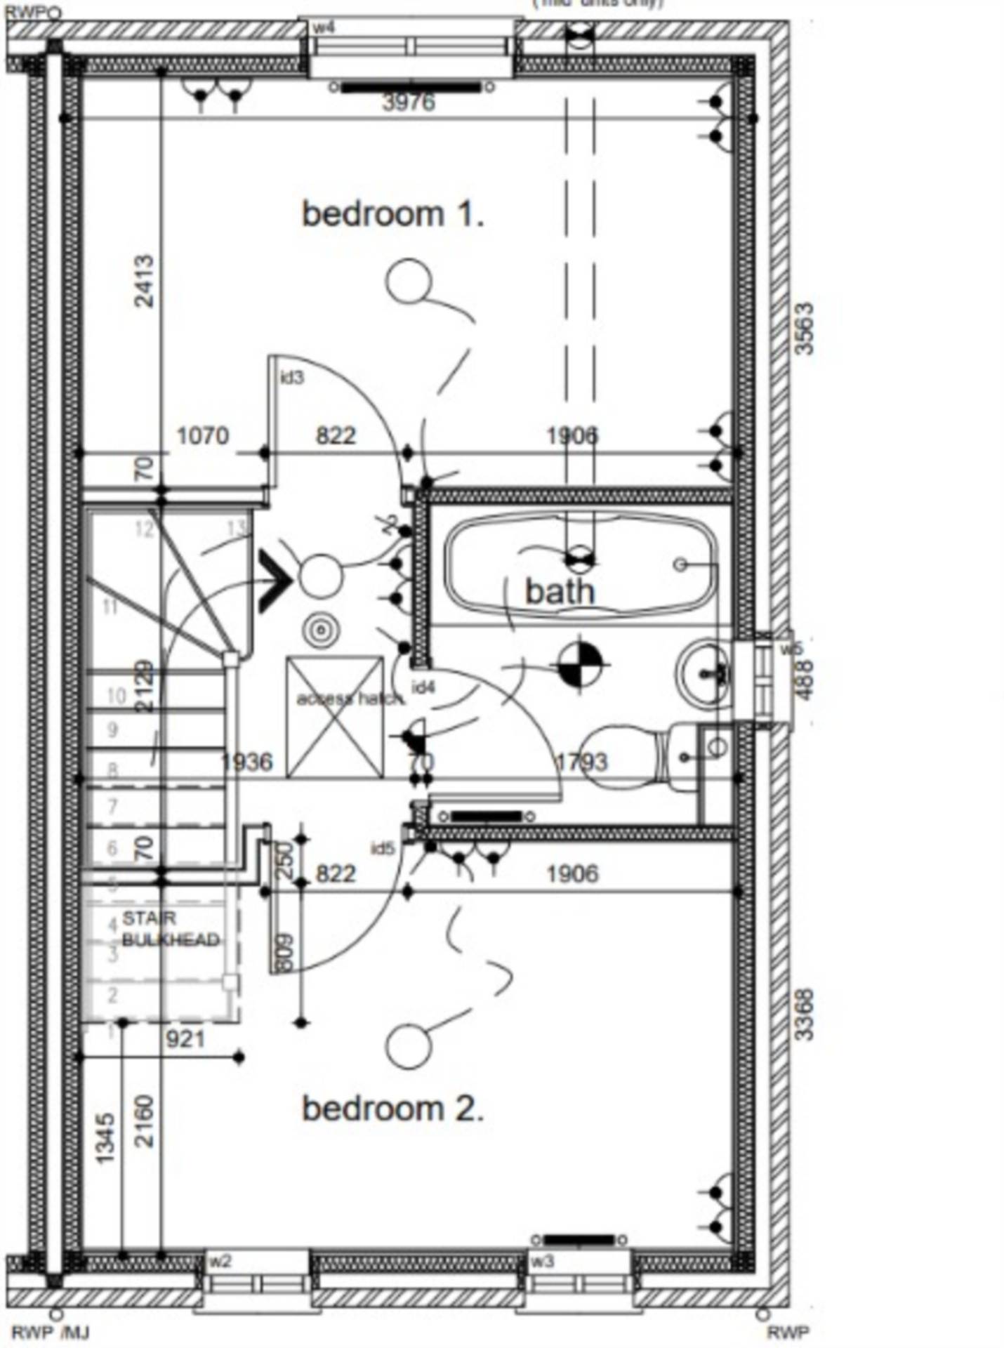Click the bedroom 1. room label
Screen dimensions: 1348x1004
[392, 213]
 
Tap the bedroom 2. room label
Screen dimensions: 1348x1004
[392, 1109]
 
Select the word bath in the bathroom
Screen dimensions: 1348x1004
[560, 591]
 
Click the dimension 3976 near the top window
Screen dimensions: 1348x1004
[409, 103]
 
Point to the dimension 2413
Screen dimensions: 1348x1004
[143, 281]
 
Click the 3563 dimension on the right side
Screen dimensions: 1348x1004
[805, 328]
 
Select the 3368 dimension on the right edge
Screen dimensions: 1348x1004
[805, 1014]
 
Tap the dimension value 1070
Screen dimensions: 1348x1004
[203, 436]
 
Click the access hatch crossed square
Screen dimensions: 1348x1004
[335, 718]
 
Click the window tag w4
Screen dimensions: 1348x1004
[323, 28]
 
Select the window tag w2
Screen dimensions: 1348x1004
[220, 1262]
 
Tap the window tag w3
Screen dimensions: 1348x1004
[542, 1262]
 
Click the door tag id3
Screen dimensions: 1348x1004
[292, 378]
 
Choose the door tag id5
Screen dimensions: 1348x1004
[383, 849]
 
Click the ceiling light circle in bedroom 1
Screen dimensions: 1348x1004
[408, 282]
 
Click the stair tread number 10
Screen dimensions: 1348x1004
[116, 696]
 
